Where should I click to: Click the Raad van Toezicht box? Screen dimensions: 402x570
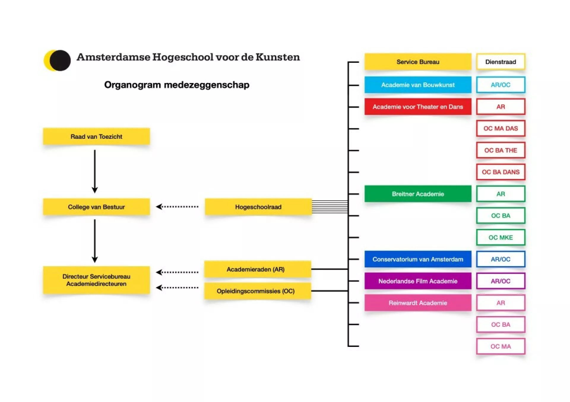click(x=96, y=136)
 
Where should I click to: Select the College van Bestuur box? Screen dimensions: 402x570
click(x=96, y=207)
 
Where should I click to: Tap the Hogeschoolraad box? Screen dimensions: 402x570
click(x=258, y=207)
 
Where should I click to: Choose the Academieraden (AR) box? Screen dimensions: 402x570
click(x=257, y=269)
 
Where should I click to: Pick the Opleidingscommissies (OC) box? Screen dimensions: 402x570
click(x=257, y=291)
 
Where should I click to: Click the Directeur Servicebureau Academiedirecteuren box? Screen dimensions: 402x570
click(x=96, y=280)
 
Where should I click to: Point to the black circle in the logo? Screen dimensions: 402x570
click(x=60, y=60)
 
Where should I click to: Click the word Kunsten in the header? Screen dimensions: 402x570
click(x=278, y=57)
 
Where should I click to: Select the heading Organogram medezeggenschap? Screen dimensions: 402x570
click(x=177, y=85)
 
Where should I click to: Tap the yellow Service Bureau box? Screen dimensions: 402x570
click(x=418, y=62)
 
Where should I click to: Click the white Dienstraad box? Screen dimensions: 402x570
click(x=501, y=62)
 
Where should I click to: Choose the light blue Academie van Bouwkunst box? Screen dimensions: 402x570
click(x=418, y=85)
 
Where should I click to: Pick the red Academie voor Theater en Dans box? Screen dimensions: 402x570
click(x=418, y=107)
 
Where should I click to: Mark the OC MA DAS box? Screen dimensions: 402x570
click(x=501, y=128)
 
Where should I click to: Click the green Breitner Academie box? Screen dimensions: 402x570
click(x=418, y=194)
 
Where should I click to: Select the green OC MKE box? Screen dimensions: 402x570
click(x=501, y=237)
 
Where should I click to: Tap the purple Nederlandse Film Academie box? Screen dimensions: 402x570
click(x=418, y=281)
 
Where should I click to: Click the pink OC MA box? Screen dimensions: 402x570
click(x=501, y=346)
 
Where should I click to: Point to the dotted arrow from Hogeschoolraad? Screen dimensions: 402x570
click(x=177, y=207)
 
